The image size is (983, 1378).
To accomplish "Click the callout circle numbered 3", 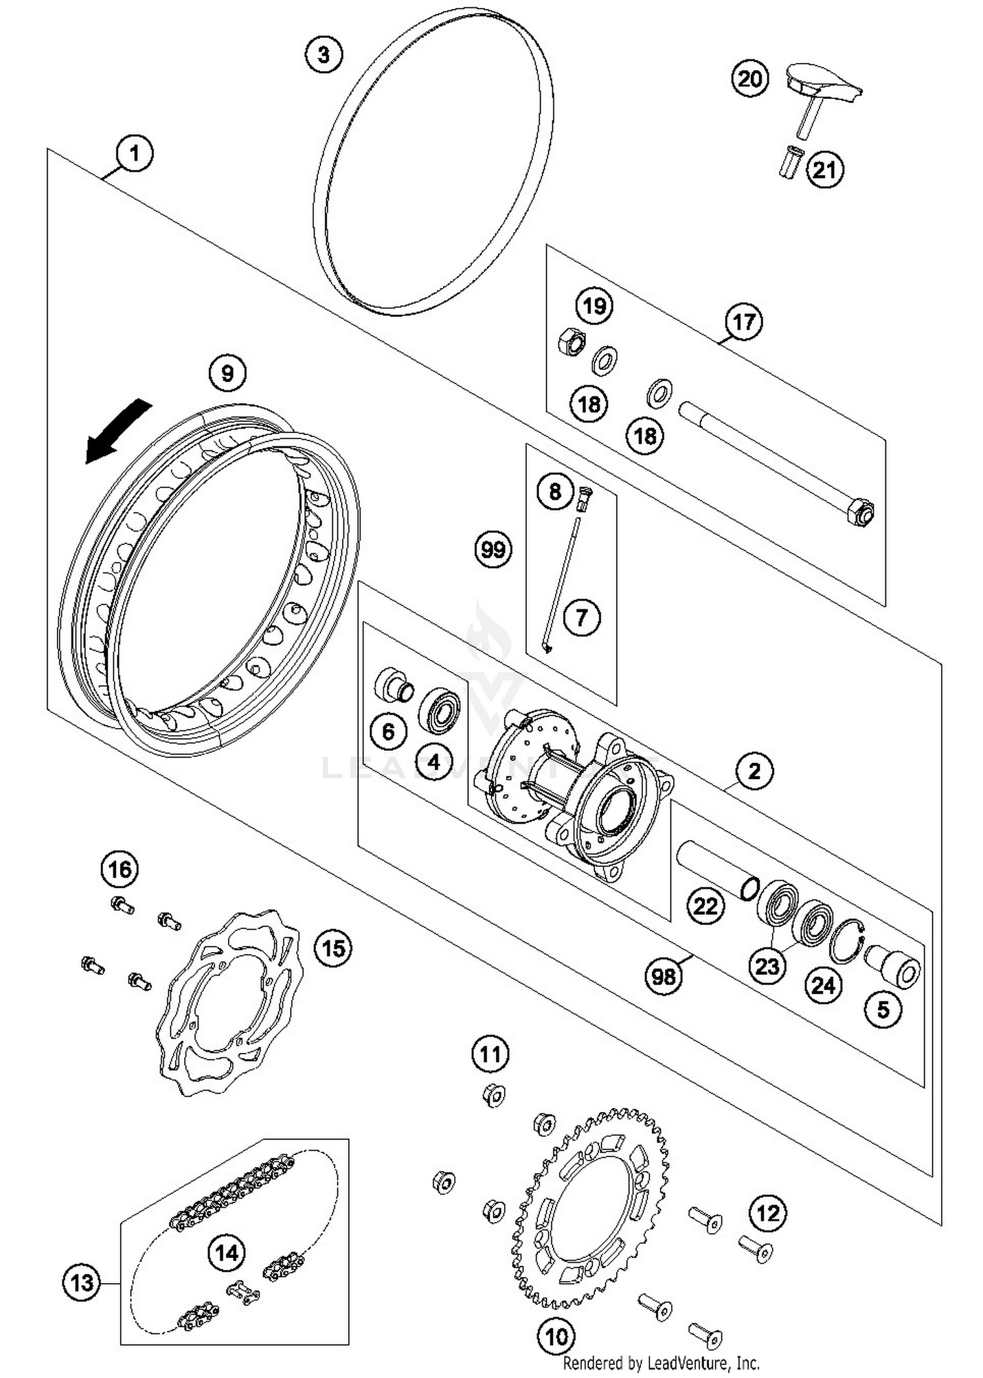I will [x=324, y=54].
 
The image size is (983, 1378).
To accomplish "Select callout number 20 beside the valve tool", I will [x=750, y=79].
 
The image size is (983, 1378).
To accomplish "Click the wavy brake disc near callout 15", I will [x=229, y=1002].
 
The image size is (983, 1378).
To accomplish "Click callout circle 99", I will [x=493, y=549].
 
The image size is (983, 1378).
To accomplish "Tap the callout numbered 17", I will [x=744, y=322].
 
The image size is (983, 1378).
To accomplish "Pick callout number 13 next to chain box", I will [x=82, y=1282].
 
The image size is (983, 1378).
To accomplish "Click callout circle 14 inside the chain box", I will [x=227, y=1253].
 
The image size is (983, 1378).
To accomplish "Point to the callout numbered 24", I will [x=824, y=985].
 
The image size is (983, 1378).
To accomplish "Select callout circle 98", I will [x=663, y=977].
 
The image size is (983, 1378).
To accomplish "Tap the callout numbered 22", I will [x=706, y=906].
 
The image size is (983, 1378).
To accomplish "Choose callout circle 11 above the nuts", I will [x=490, y=1054].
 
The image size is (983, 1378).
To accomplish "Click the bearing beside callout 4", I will [x=439, y=711].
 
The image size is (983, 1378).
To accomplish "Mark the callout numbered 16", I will [x=121, y=870].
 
